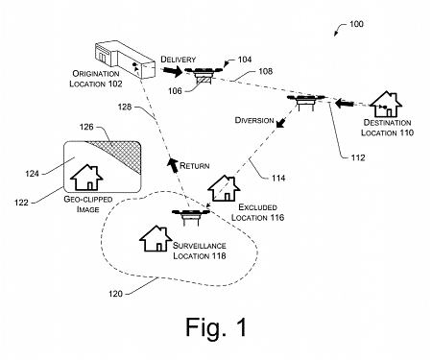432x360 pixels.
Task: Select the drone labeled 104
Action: tap(203, 72)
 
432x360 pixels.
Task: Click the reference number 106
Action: tap(176, 90)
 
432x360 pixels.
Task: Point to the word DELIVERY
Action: tap(180, 59)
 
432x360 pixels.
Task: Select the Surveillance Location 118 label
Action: tap(199, 252)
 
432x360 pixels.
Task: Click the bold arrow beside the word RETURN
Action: tap(175, 164)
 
